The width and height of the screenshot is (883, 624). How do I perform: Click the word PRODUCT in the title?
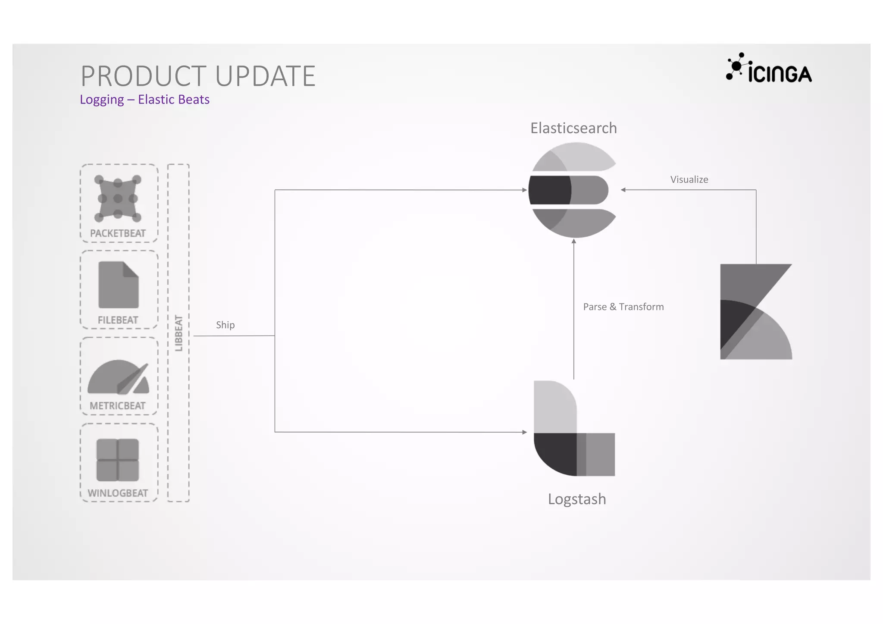pos(144,76)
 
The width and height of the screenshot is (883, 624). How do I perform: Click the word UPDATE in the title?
pos(265,76)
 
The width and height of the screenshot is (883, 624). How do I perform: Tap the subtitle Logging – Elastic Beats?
pos(144,100)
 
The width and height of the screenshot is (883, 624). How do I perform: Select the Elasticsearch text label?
pos(573,128)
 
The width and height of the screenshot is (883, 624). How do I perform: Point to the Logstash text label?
pos(577,499)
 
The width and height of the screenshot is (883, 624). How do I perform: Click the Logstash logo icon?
pos(573,429)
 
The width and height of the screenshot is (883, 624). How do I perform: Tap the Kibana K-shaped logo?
pos(755,311)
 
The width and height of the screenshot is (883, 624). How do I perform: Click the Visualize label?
pos(689,179)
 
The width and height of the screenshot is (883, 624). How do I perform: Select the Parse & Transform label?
pos(623,307)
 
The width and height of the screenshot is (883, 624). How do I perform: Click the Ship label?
pos(225,325)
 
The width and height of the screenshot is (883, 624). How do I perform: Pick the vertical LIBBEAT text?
pos(178,333)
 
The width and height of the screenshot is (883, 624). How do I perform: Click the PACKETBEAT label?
pos(118,233)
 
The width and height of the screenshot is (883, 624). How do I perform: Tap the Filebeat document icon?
pos(119,285)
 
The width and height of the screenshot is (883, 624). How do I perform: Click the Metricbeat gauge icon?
pos(119,377)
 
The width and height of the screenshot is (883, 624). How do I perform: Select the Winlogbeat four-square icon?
pos(118,460)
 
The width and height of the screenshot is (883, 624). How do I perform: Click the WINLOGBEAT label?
pos(118,493)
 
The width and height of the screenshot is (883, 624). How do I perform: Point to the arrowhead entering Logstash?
pos(524,432)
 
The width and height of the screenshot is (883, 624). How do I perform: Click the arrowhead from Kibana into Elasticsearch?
pos(623,190)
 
